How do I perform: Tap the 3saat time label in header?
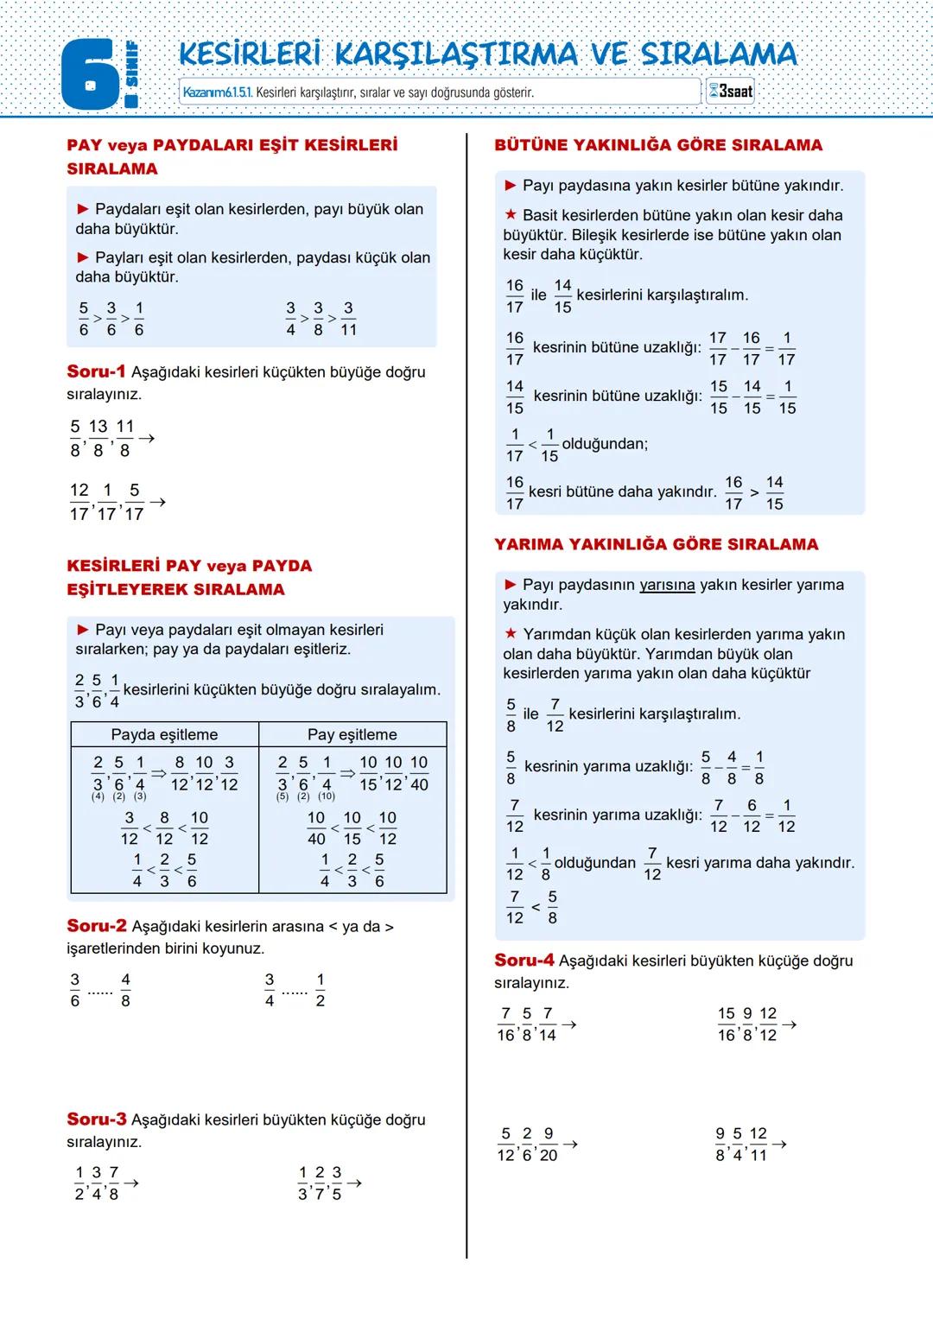731,91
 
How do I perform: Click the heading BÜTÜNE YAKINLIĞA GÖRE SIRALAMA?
657,145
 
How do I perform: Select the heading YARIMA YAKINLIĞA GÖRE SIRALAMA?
656,544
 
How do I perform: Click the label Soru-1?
96,371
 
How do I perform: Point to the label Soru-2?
96,925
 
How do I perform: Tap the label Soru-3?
96,1119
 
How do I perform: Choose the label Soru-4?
524,960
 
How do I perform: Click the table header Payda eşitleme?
164,734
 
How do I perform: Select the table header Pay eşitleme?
352,734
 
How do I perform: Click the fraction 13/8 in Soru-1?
98,438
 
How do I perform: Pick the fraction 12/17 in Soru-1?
79,501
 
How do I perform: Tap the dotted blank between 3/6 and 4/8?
100,992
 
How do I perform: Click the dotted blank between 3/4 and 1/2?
295,992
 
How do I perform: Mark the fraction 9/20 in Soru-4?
548,1144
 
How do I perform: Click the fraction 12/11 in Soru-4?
758,1144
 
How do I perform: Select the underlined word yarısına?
667,585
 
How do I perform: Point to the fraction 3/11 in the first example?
348,319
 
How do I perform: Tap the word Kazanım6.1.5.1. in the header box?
218,92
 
